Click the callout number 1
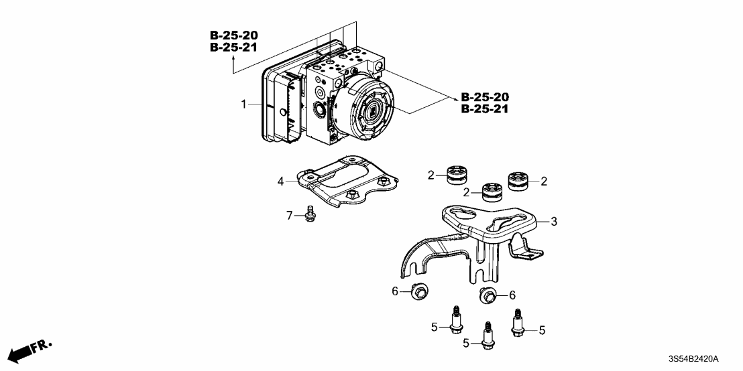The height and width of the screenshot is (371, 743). point(245,104)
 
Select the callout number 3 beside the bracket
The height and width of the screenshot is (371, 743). point(553,220)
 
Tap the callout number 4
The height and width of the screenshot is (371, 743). point(282,181)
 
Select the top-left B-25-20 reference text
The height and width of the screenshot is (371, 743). point(233,35)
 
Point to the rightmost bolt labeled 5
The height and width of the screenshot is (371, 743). point(518,322)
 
